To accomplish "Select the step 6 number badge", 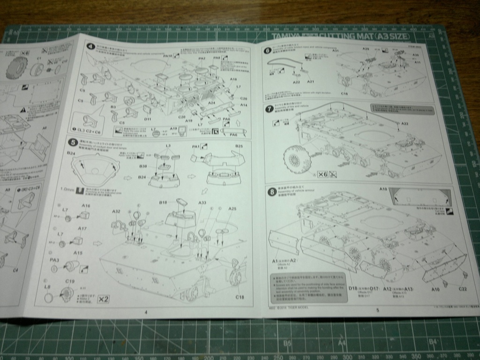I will coord(268,51).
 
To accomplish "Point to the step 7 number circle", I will coord(269,109).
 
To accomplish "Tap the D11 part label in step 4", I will coord(148,119).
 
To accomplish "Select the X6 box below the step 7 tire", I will coord(322,174).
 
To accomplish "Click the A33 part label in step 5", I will coord(202,202).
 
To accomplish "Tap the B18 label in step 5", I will coord(163,202).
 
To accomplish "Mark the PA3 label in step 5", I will coord(54,259).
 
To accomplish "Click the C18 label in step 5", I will coord(239,297).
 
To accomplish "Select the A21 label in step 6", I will coord(310,82).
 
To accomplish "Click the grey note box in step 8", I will coord(309,287).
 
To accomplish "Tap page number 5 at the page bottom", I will coord(377,310).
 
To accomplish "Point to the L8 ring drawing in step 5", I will coord(49,298).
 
